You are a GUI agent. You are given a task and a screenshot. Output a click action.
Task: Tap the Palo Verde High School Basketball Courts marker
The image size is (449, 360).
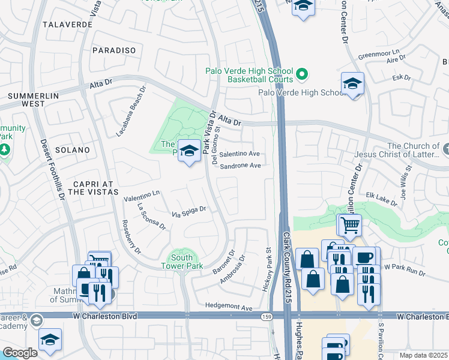point(303,75)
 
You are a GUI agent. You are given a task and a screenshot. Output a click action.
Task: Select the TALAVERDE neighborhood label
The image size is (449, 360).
point(68,25)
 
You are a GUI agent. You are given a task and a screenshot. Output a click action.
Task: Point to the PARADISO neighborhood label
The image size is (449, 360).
point(114,50)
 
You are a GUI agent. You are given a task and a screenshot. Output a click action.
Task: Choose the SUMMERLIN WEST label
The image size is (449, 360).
point(26,100)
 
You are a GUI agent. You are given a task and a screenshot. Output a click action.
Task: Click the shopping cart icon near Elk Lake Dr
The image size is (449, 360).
point(351,226)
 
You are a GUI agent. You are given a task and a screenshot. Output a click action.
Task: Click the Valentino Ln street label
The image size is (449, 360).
point(142,194)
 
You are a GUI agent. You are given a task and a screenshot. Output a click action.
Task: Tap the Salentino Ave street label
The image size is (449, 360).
point(239,154)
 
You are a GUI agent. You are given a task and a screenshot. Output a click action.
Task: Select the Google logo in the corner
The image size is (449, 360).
point(20,353)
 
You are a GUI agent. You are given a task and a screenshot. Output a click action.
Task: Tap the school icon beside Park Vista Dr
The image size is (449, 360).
point(190,151)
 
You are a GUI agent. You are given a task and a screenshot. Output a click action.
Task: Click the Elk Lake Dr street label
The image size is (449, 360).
point(381,199)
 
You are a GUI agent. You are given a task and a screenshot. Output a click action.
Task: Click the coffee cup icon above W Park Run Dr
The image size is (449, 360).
point(364,257)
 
